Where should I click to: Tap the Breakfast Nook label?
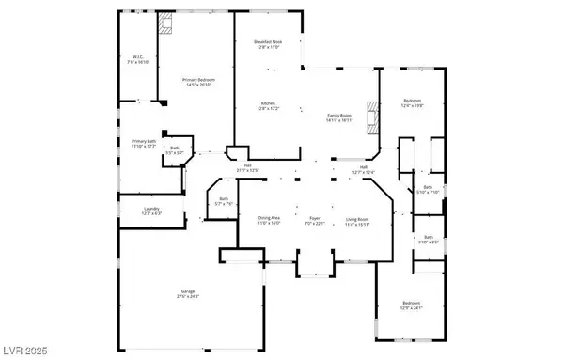coord(268,43)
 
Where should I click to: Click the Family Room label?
coord(339,117)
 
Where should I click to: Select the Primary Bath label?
coord(143,143)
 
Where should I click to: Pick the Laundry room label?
coord(150,211)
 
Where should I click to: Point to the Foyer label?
coord(315,220)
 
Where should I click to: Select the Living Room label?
coord(357,220)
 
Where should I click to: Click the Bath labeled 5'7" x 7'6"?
coord(224,200)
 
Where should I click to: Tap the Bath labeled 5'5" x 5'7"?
coord(174,150)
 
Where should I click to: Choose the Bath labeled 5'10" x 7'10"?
coord(428,190)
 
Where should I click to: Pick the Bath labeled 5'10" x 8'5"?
coord(428,239)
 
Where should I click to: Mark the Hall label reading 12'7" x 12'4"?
coord(363,169)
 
